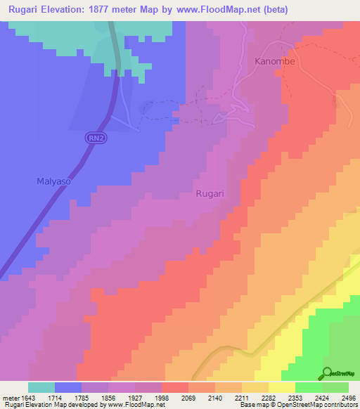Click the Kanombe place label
(x=274, y=61)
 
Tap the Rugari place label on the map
(x=209, y=194)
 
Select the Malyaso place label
(x=54, y=181)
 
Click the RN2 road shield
(x=96, y=138)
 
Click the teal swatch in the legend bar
(x=41, y=387)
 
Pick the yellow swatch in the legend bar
(x=281, y=387)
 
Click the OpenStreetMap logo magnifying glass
(x=327, y=372)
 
